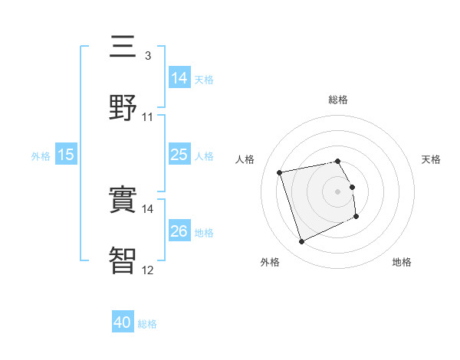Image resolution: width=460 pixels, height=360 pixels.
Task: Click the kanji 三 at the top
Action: click(x=123, y=47)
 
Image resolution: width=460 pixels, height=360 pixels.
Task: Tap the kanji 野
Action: click(x=123, y=106)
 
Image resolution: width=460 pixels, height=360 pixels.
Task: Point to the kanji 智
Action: click(x=123, y=259)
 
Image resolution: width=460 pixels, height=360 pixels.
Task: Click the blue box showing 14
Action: click(x=179, y=78)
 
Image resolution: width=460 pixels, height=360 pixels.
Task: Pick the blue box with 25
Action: click(x=179, y=155)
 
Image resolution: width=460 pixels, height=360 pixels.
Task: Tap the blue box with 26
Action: click(x=179, y=231)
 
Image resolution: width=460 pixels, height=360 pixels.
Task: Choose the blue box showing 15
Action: click(x=66, y=155)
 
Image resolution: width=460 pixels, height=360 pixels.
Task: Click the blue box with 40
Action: click(x=123, y=323)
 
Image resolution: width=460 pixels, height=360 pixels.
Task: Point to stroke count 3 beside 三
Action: click(x=147, y=56)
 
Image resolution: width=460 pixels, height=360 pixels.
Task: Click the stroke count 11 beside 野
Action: click(x=147, y=116)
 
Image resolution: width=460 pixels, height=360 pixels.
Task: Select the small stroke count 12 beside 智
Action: click(x=147, y=269)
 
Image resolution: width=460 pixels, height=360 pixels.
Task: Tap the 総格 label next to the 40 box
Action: click(x=147, y=324)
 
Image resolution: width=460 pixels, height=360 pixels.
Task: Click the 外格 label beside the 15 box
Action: click(x=41, y=155)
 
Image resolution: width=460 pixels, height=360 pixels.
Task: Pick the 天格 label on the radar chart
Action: click(x=431, y=159)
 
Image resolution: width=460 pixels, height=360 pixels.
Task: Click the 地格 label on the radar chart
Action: click(x=402, y=262)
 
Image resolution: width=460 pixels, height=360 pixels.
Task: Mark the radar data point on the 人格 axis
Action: click(x=280, y=172)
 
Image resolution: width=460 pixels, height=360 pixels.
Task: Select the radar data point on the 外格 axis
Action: click(x=301, y=242)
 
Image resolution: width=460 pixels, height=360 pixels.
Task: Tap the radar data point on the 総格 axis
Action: click(x=338, y=161)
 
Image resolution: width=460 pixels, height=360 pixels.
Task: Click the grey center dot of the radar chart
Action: click(x=338, y=191)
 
